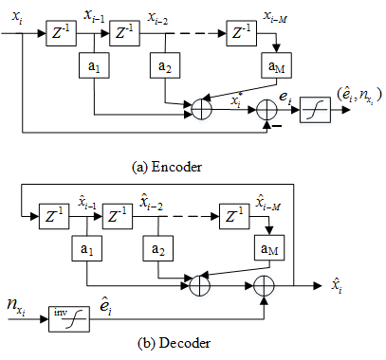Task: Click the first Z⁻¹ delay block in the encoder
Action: pos(61,33)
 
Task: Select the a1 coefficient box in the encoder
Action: pos(94,65)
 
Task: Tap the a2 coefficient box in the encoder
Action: pos(165,65)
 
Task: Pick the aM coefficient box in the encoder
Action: pos(276,65)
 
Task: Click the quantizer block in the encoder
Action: pos(315,110)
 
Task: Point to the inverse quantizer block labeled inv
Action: pos(69,319)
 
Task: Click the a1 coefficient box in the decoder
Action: pos(87,248)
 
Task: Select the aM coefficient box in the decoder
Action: pos(269,248)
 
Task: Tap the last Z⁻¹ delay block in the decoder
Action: pos(234,216)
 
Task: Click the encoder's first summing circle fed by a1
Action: pos(202,110)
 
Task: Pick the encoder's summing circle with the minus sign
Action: pos(267,110)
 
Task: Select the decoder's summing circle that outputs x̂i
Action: pos(265,286)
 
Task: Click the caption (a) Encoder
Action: pos(167,167)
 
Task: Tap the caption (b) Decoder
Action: pos(174,343)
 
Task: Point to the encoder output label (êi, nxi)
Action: pos(359,95)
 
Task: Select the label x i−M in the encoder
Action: pos(275,17)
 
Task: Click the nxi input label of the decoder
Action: pos(16,306)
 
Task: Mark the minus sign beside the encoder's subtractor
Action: pos(277,126)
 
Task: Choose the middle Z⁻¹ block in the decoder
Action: pos(118,216)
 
